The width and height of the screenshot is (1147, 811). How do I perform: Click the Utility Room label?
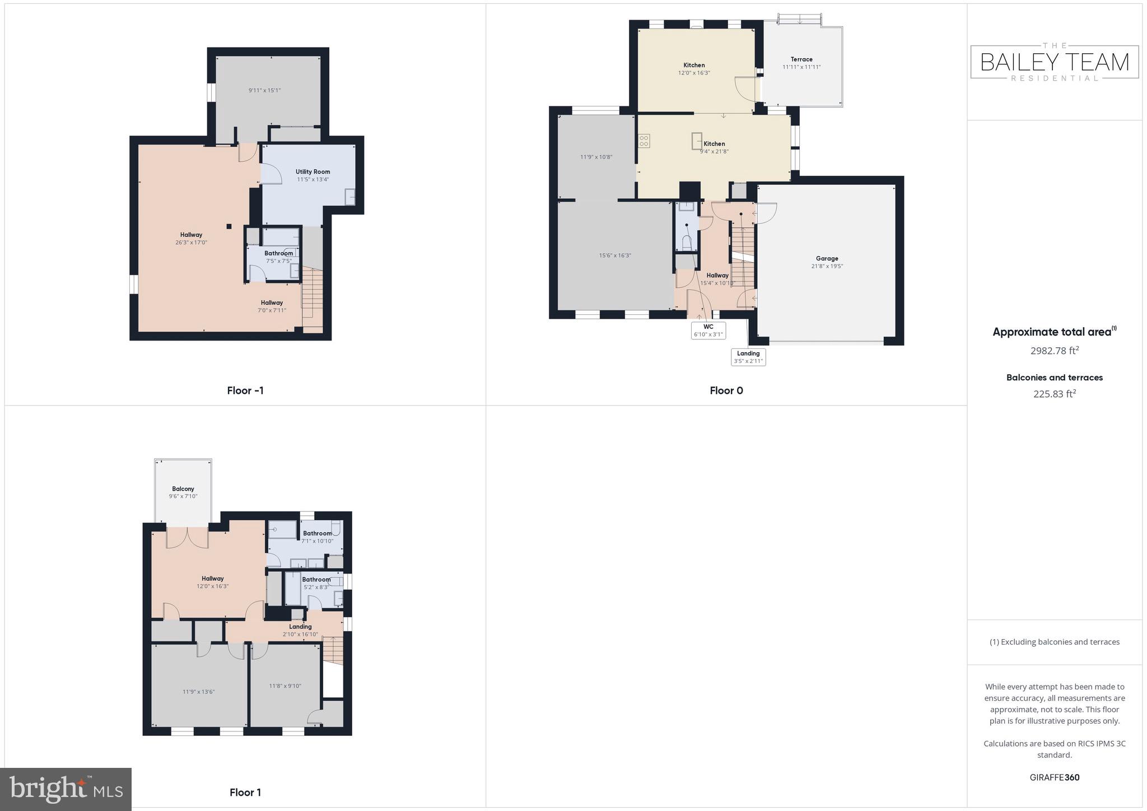pos(313,172)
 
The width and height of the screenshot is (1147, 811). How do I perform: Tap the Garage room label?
pos(827,259)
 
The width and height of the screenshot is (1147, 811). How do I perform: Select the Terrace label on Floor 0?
pos(801,59)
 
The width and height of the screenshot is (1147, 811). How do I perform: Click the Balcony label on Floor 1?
pos(183,489)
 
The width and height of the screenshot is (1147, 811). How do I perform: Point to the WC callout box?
pos(708,330)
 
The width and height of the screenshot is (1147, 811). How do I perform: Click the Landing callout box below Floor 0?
pos(748,357)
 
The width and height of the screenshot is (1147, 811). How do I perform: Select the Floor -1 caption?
pos(245,390)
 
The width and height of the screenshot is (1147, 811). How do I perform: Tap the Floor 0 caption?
pos(726,390)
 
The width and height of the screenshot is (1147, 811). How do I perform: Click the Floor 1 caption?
pos(245,792)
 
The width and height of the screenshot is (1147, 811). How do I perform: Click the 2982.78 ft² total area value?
pos(1054,351)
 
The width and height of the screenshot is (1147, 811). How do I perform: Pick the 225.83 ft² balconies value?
pos(1054,394)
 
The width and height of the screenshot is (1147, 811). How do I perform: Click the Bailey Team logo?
pos(1054,62)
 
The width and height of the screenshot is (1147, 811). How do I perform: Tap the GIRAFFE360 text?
pos(1054,777)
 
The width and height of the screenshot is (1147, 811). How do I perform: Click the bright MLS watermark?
pos(66,789)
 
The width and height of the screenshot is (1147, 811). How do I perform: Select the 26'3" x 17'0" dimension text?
pos(191,243)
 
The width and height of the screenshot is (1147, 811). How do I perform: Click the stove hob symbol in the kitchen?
pos(644,141)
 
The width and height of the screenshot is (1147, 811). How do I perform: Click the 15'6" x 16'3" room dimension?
pos(614,255)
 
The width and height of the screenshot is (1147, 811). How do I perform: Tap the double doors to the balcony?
pos(187,536)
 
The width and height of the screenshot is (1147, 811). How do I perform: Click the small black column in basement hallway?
pos(229,226)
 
